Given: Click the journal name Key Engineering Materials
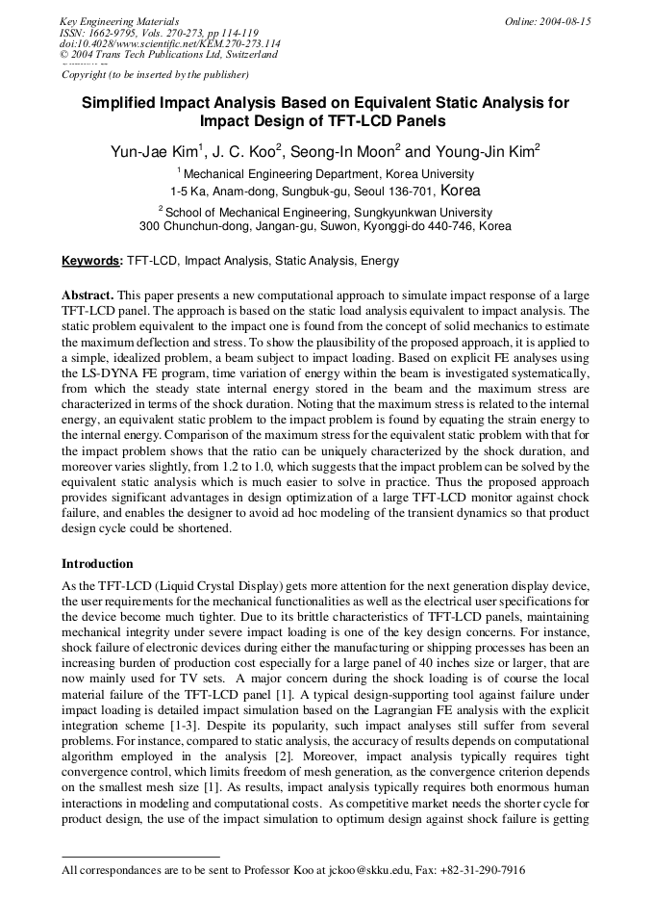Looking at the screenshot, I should pyautogui.click(x=118, y=21).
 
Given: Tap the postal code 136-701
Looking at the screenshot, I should pyautogui.click(x=410, y=192).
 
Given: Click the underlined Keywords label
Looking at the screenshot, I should pyautogui.click(x=91, y=261).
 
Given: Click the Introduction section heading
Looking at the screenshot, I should pyautogui.click(x=97, y=564).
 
